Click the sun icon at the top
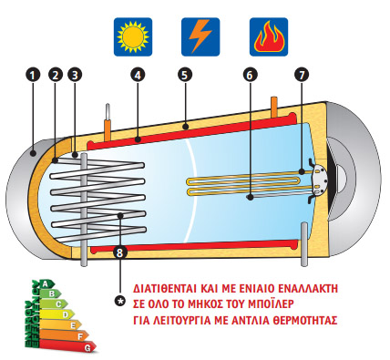tap(132, 37)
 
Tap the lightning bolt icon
tap(200, 37)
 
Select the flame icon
tap(269, 37)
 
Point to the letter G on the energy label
tap(87, 347)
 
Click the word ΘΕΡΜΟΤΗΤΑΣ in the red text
tap(306, 321)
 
